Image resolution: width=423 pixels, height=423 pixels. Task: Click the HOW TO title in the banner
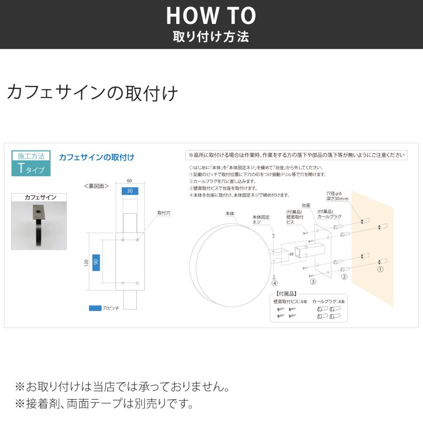click(x=211, y=16)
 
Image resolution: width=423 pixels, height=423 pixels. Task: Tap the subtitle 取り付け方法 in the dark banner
click(x=211, y=37)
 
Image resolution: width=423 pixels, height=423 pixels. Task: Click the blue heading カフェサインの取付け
click(x=96, y=157)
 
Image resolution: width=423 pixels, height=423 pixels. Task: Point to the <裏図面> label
click(x=96, y=186)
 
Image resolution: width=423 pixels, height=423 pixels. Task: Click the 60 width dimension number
click(x=129, y=180)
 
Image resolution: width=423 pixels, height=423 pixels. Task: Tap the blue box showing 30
click(x=129, y=191)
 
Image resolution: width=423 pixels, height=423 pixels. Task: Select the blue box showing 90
click(x=95, y=262)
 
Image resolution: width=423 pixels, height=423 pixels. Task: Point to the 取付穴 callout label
click(x=164, y=213)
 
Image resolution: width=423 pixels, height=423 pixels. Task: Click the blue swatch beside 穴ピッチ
click(x=95, y=308)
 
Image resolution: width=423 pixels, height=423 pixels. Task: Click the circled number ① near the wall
click(x=380, y=270)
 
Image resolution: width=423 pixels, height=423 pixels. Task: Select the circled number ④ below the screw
click(x=274, y=283)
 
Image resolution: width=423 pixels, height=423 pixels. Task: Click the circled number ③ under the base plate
click(x=313, y=282)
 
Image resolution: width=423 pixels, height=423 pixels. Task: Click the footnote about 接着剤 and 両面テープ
click(x=104, y=403)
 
